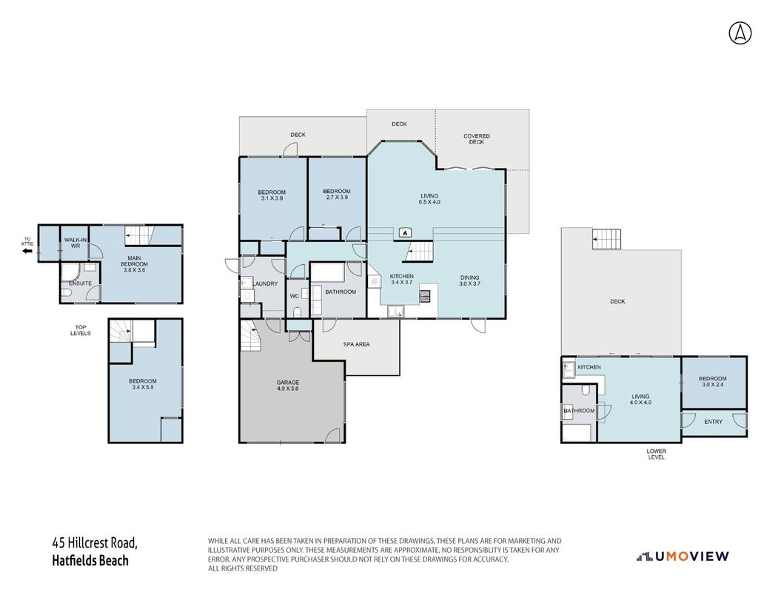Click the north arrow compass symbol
[740, 33]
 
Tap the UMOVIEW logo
[683, 556]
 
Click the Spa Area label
[357, 344]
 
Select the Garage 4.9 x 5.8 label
[288, 386]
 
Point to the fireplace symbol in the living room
[406, 232]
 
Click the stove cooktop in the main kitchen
[425, 297]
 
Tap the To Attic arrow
[27, 251]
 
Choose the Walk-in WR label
[76, 243]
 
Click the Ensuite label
[80, 283]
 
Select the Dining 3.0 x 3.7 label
[469, 280]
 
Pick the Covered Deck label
[477, 139]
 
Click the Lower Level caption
[657, 454]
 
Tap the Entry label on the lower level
[713, 422]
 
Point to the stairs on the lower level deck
[607, 239]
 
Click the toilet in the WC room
[298, 313]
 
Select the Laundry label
[265, 284]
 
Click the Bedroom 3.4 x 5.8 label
[142, 384]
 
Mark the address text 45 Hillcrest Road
[95, 542]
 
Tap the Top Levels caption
[81, 330]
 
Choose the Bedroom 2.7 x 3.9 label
[337, 194]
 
